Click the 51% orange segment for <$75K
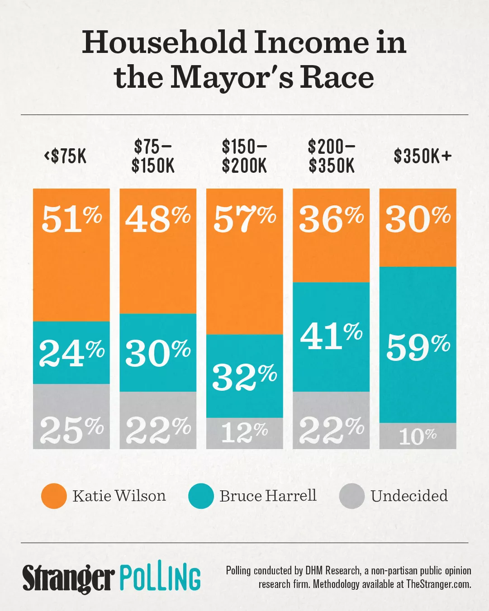tap(71, 255)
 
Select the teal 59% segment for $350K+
tap(418, 345)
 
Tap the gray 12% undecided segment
tap(244, 433)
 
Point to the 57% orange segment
tap(244, 261)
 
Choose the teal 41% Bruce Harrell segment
tap(331, 336)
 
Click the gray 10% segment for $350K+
tap(418, 436)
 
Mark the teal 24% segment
tap(71, 352)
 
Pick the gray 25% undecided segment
tap(71, 416)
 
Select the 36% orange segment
tap(331, 235)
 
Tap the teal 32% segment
tap(244, 376)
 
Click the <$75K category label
tap(65, 156)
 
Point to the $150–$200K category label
tap(244, 156)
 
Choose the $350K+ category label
tap(423, 156)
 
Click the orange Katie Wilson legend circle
tap(54, 496)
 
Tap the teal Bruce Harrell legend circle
tap(201, 496)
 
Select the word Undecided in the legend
tap(409, 496)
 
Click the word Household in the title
tap(164, 43)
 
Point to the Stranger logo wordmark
tap(68, 578)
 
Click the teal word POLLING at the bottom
tap(160, 578)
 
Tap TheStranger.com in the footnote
tap(438, 584)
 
